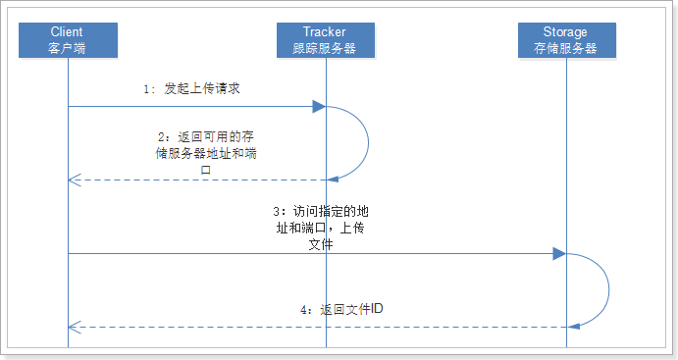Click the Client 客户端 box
(x=68, y=40)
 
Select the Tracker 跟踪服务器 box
(x=326, y=40)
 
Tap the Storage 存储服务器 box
(x=567, y=40)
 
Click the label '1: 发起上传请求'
(x=191, y=88)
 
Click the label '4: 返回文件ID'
(x=341, y=309)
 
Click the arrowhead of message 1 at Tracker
(x=319, y=106)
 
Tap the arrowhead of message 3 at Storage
(x=559, y=254)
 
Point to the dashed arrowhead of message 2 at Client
(x=74, y=180)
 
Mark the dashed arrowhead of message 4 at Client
(x=74, y=328)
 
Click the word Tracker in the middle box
(x=326, y=32)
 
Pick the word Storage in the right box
(x=567, y=32)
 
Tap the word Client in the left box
(x=68, y=32)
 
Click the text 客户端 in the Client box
(x=68, y=48)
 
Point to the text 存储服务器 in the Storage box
(x=567, y=48)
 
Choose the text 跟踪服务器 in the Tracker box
(x=326, y=48)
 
